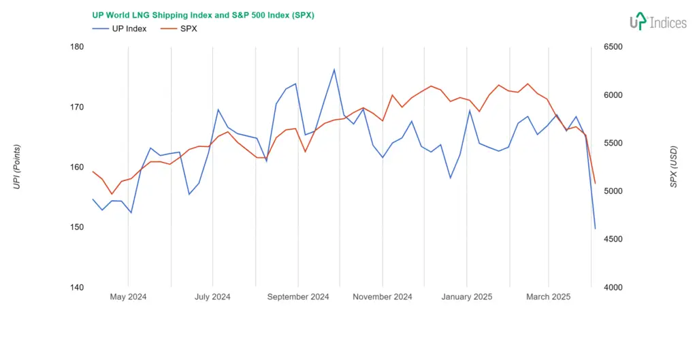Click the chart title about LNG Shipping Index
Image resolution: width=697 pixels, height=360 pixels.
coord(203,15)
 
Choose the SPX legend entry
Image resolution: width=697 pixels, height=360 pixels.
coord(179,29)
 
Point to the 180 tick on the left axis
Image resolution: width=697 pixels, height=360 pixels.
coord(77,47)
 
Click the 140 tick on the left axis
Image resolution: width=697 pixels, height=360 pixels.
coord(77,287)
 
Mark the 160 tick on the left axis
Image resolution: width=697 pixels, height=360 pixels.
coord(77,167)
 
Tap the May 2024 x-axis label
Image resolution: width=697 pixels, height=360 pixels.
coord(128,297)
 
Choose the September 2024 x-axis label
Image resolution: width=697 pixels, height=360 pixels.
coord(297,297)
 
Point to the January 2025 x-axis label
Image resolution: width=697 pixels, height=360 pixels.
coord(466,297)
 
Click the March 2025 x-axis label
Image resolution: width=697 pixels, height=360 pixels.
coord(548,297)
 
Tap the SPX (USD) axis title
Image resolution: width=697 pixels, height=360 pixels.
coord(673,167)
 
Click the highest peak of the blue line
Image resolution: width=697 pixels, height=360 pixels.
coord(334,69)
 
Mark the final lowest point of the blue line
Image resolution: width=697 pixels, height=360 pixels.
coord(595,229)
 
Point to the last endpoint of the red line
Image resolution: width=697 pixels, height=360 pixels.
coord(595,183)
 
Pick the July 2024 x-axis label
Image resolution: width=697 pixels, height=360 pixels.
coord(212,297)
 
